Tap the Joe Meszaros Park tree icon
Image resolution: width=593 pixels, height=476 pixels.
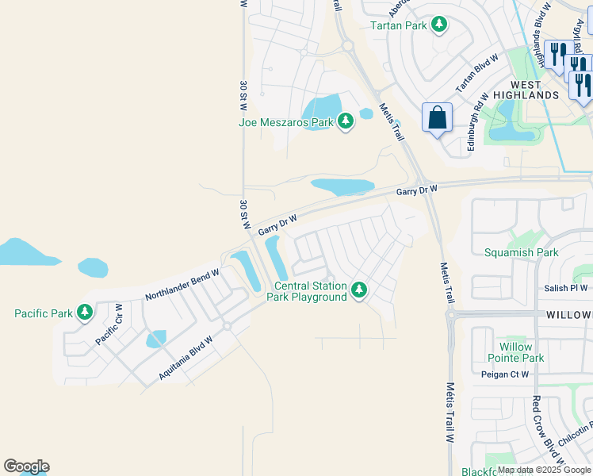[345, 122]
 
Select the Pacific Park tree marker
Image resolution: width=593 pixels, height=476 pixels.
[85, 313]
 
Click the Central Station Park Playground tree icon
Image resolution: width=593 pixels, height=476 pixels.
[359, 290]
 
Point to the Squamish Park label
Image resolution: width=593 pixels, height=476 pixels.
[521, 253]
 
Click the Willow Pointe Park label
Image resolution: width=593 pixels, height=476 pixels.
[522, 352]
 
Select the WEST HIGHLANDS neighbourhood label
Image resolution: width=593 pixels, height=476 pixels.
[526, 90]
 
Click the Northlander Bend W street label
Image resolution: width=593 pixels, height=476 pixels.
[182, 284]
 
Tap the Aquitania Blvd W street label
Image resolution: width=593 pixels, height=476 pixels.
[186, 358]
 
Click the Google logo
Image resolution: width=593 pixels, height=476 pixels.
[26, 466]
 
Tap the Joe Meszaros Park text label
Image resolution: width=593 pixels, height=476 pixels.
[286, 122]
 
